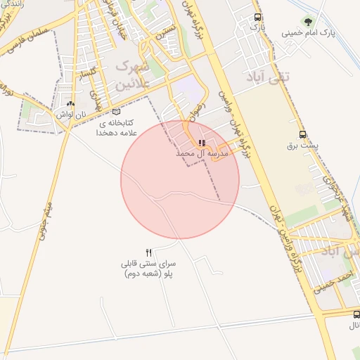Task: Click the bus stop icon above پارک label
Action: [x=258, y=16]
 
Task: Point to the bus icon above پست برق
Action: [x=302, y=134]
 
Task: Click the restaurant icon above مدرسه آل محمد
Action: [x=202, y=143]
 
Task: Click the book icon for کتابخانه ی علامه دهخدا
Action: [x=116, y=111]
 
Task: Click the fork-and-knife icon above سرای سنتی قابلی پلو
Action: [x=148, y=252]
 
